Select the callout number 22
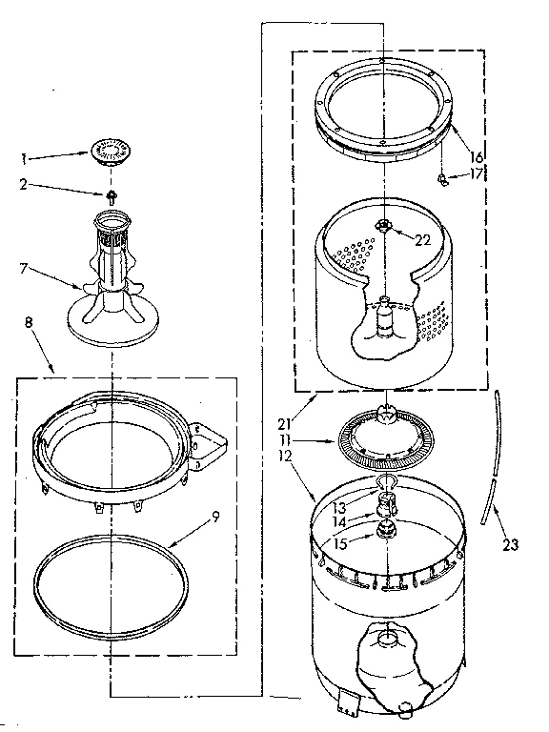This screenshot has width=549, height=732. (x=423, y=240)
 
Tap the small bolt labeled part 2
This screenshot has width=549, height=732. (x=112, y=196)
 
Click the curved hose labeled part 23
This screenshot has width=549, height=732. (x=493, y=457)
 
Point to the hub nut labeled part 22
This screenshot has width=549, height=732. (x=383, y=226)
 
